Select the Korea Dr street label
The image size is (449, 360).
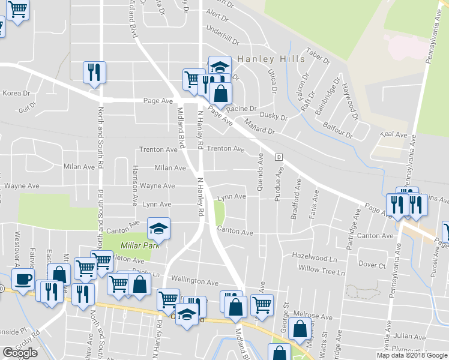click(x=16, y=93)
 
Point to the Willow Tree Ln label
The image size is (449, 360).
click(x=322, y=271)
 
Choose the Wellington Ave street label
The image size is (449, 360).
click(x=194, y=280)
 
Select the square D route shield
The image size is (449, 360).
click(x=279, y=157)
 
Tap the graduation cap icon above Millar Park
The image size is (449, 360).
click(x=158, y=228)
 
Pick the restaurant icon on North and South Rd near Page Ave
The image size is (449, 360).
click(x=94, y=73)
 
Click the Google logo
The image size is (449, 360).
click(x=20, y=352)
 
